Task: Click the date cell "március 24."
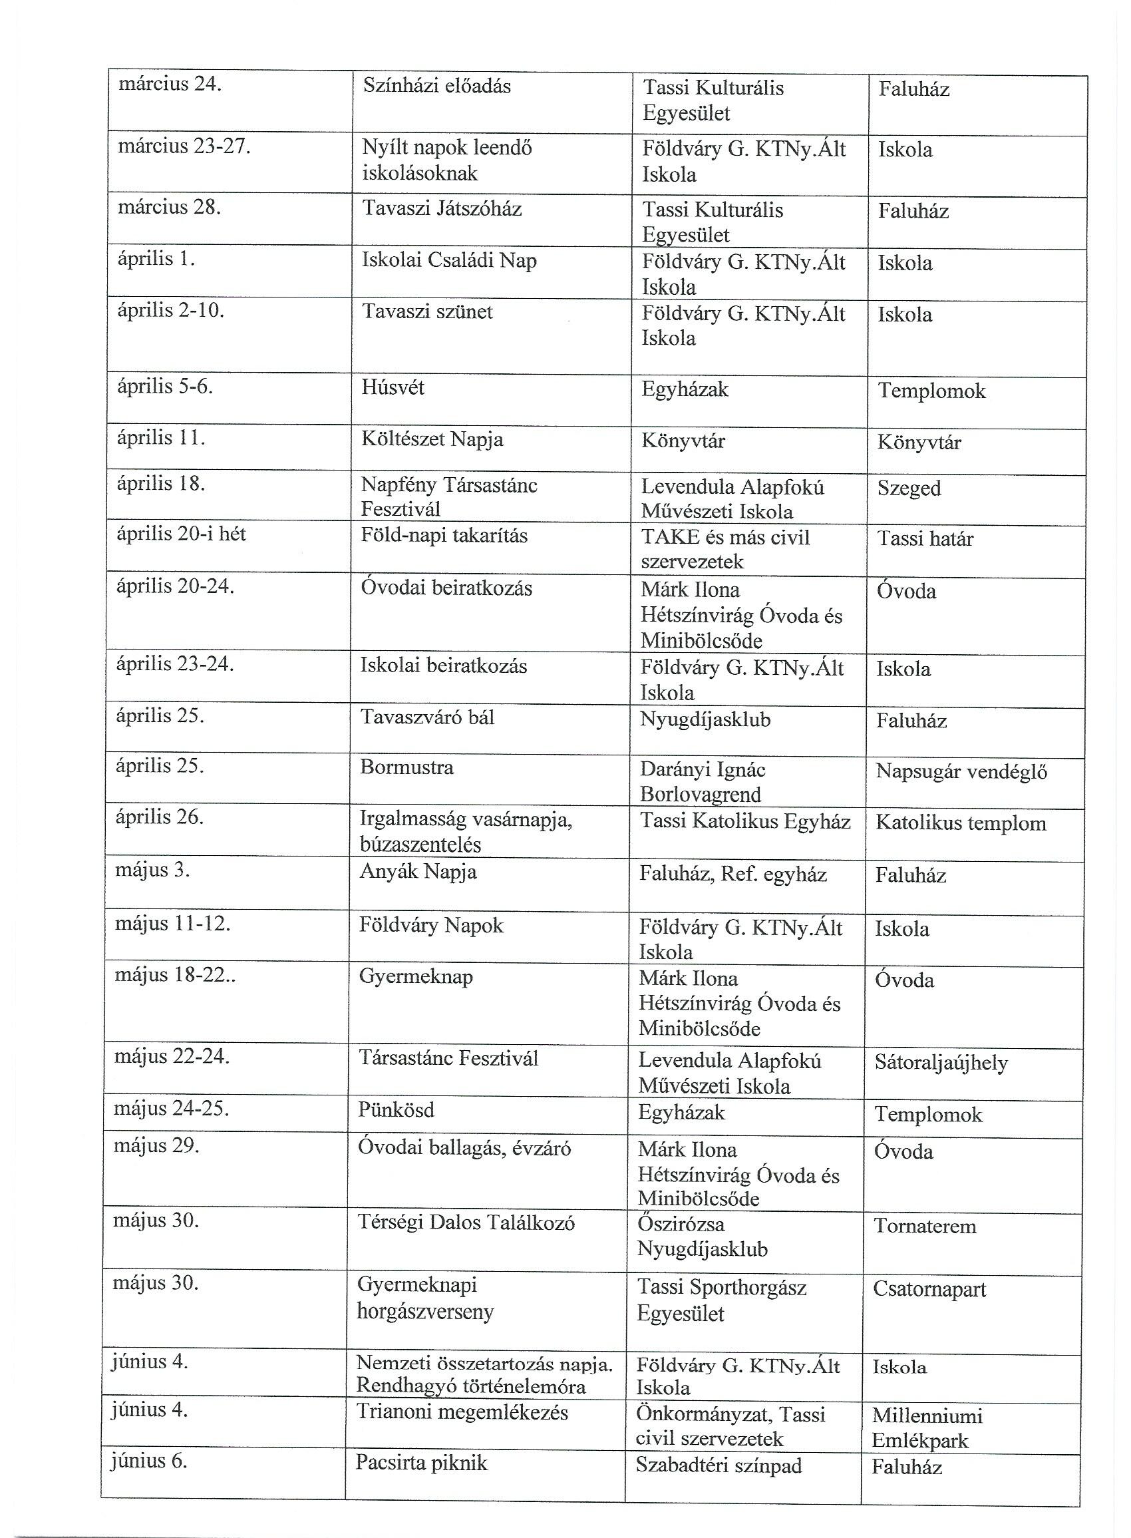(x=170, y=85)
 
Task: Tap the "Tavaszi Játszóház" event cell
(x=442, y=208)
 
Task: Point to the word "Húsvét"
(x=393, y=387)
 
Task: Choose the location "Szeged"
(x=909, y=488)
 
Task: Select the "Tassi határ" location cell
(x=925, y=539)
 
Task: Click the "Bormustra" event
(x=406, y=767)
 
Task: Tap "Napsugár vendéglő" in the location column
(x=961, y=772)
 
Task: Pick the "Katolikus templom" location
(x=961, y=823)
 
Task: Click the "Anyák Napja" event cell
(x=418, y=872)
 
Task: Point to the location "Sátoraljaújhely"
(x=941, y=1063)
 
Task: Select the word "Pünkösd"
(x=396, y=1109)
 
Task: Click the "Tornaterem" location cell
(x=924, y=1227)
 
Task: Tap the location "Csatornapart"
(x=929, y=1289)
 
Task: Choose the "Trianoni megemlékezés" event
(x=462, y=1412)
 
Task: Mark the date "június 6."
(x=148, y=1461)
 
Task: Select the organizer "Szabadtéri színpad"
(x=718, y=1465)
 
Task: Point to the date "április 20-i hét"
(x=181, y=533)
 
